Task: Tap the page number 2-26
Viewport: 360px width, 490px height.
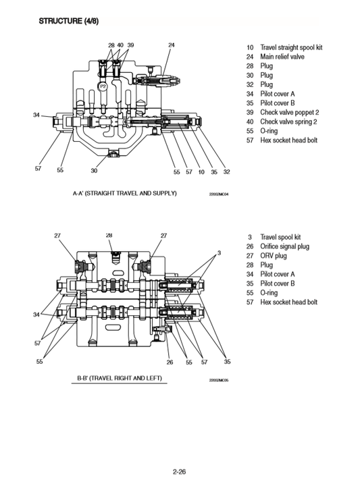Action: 180,472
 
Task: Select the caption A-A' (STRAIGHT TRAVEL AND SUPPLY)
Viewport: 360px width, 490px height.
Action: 124,193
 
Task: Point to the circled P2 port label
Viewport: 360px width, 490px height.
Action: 103,87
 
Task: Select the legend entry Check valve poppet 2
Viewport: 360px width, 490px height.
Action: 290,112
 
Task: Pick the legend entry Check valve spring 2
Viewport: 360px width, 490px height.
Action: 288,121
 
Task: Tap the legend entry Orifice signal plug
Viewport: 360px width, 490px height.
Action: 284,246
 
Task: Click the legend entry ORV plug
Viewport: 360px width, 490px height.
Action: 274,256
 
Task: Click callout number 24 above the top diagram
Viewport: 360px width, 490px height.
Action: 172,45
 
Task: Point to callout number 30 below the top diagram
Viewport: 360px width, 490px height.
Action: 95,171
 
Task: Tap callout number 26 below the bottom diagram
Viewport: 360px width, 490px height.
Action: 170,362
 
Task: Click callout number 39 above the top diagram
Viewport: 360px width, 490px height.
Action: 130,45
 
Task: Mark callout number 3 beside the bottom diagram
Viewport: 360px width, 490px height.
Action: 218,253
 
